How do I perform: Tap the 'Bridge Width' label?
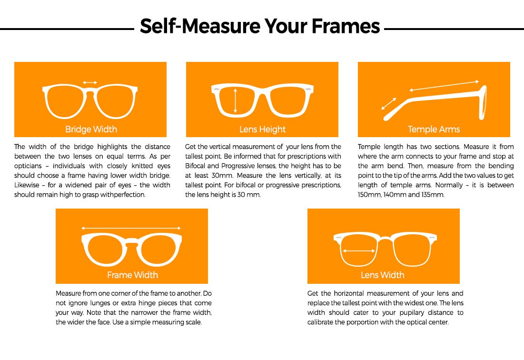click(91, 129)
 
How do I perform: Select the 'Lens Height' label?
click(262, 129)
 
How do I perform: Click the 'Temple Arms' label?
click(434, 129)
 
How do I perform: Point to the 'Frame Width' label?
click(132, 275)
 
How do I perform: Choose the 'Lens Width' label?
click(382, 275)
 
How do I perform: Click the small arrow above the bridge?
click(90, 82)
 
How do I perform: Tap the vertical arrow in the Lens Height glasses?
click(235, 100)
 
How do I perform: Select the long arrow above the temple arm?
click(444, 86)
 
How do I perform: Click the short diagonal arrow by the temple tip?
click(389, 103)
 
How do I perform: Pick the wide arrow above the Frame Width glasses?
click(131, 228)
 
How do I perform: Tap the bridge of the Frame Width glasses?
click(132, 243)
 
